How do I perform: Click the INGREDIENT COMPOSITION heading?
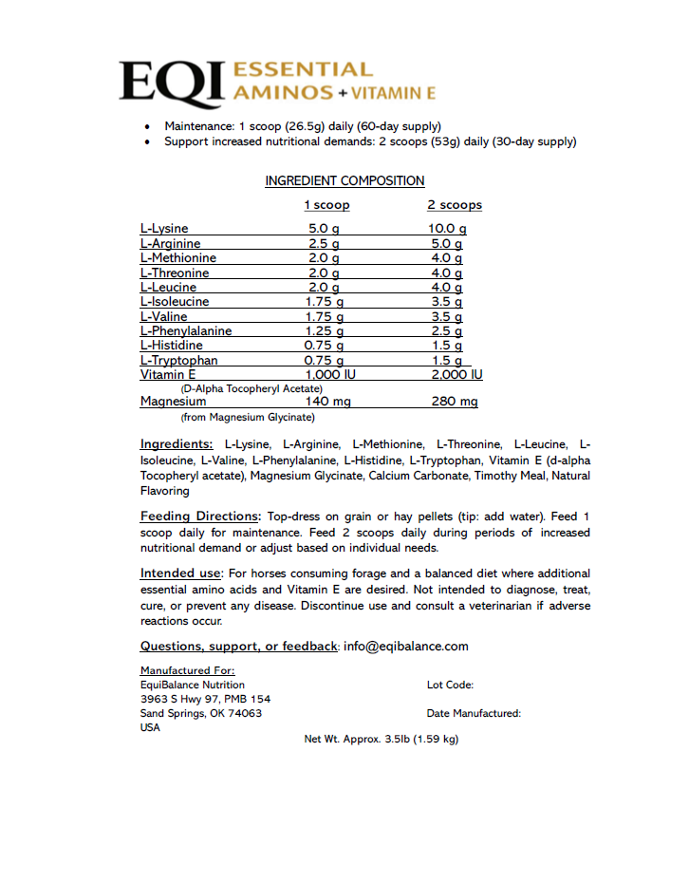tap(344, 181)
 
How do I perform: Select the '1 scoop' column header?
tap(326, 205)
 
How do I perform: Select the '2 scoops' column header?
tap(455, 205)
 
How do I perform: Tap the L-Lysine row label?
tap(164, 229)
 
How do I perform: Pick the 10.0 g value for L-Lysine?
tap(447, 229)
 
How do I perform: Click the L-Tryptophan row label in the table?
tap(178, 361)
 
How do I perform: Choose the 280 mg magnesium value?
tap(456, 402)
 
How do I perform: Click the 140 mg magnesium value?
tap(328, 402)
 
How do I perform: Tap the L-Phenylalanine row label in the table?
tap(186, 331)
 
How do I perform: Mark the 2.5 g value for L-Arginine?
tap(324, 244)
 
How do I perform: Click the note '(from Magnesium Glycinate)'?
tap(248, 417)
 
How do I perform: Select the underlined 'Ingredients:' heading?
tap(177, 444)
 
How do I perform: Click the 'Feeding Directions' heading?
tap(199, 517)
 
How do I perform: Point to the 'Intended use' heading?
tap(181, 573)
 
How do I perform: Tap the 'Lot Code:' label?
tap(450, 685)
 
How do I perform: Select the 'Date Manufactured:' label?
tap(474, 713)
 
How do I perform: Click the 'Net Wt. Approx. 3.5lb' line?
tap(381, 739)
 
